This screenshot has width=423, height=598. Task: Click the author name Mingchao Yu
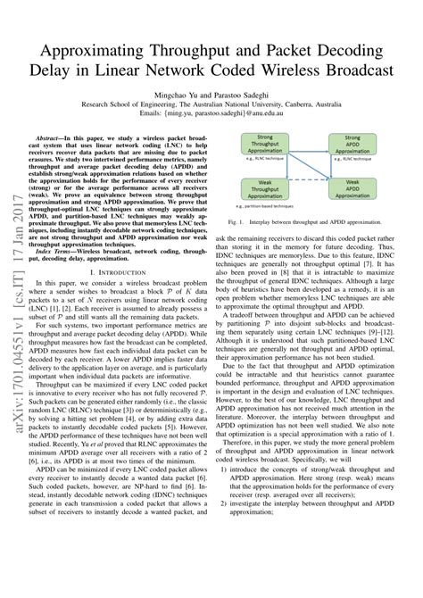pos(186,91)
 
